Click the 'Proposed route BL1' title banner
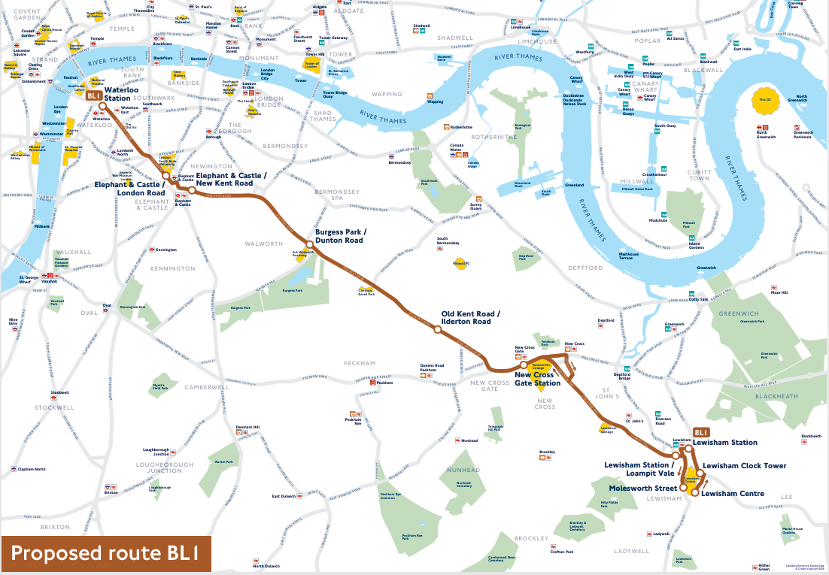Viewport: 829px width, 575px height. point(105,554)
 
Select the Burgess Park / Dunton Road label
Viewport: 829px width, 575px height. point(339,237)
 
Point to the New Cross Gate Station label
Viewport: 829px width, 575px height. point(537,379)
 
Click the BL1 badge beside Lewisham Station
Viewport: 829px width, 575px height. point(701,432)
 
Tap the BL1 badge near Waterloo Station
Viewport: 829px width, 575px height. point(93,96)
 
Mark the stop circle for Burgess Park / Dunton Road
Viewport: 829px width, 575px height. point(308,244)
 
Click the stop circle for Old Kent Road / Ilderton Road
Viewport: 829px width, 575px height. point(437,328)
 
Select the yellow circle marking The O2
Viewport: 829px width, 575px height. point(764,100)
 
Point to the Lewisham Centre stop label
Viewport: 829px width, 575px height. point(732,494)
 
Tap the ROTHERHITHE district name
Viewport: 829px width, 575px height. point(493,137)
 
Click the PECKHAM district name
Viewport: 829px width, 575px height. point(359,364)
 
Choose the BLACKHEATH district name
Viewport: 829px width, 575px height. point(781,395)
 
